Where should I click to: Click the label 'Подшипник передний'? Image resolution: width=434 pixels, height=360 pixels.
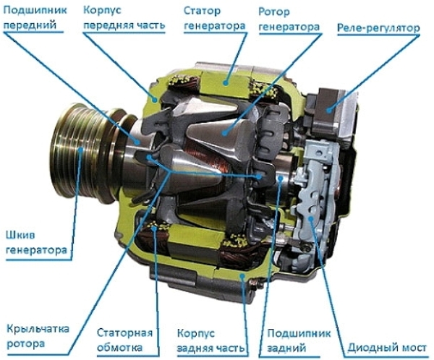click(x=35, y=17)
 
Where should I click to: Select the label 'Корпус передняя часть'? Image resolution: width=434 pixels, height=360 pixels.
click(x=124, y=17)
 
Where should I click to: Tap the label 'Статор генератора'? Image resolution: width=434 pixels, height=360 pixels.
click(x=215, y=18)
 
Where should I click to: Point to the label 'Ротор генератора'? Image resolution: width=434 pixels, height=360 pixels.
click(x=289, y=20)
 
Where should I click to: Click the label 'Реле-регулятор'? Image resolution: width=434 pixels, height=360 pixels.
click(x=378, y=28)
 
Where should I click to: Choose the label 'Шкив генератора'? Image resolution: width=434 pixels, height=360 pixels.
click(x=36, y=243)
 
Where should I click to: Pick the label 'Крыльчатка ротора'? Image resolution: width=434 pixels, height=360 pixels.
click(x=38, y=336)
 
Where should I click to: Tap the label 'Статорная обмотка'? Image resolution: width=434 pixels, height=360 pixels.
click(x=124, y=340)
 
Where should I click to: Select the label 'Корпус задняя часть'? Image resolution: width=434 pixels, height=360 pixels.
click(x=211, y=340)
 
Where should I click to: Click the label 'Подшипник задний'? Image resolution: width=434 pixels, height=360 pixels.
click(x=299, y=340)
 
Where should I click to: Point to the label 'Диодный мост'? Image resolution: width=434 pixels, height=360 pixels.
click(x=387, y=348)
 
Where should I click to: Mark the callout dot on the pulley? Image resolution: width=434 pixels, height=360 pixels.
click(x=81, y=150)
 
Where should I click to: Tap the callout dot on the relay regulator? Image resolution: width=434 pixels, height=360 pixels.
click(x=328, y=111)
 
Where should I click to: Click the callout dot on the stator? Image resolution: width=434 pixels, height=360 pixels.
click(x=226, y=82)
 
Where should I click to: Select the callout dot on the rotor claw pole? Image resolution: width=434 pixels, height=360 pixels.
click(x=225, y=133)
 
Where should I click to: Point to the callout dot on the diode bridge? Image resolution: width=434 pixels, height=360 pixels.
click(x=311, y=218)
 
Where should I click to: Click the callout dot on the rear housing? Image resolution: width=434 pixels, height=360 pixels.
click(x=242, y=275)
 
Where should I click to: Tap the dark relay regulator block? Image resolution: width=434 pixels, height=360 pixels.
click(x=327, y=111)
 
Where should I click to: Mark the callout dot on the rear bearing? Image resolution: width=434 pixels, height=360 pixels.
click(x=281, y=178)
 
